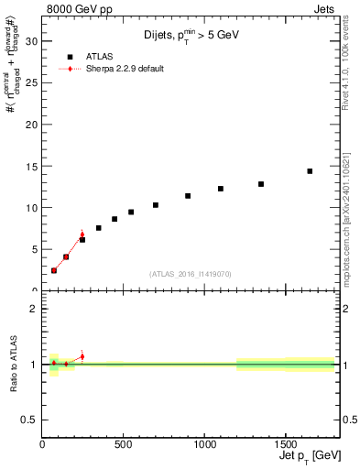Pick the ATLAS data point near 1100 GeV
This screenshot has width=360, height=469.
point(221,189)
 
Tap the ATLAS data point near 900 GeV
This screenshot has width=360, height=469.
point(188,196)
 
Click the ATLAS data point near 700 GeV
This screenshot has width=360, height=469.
point(156,205)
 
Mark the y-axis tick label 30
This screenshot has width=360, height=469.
point(32,41)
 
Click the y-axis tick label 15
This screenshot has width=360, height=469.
point(32,166)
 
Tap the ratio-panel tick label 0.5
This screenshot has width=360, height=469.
point(29,420)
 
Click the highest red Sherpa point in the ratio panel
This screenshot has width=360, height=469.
point(82,356)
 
